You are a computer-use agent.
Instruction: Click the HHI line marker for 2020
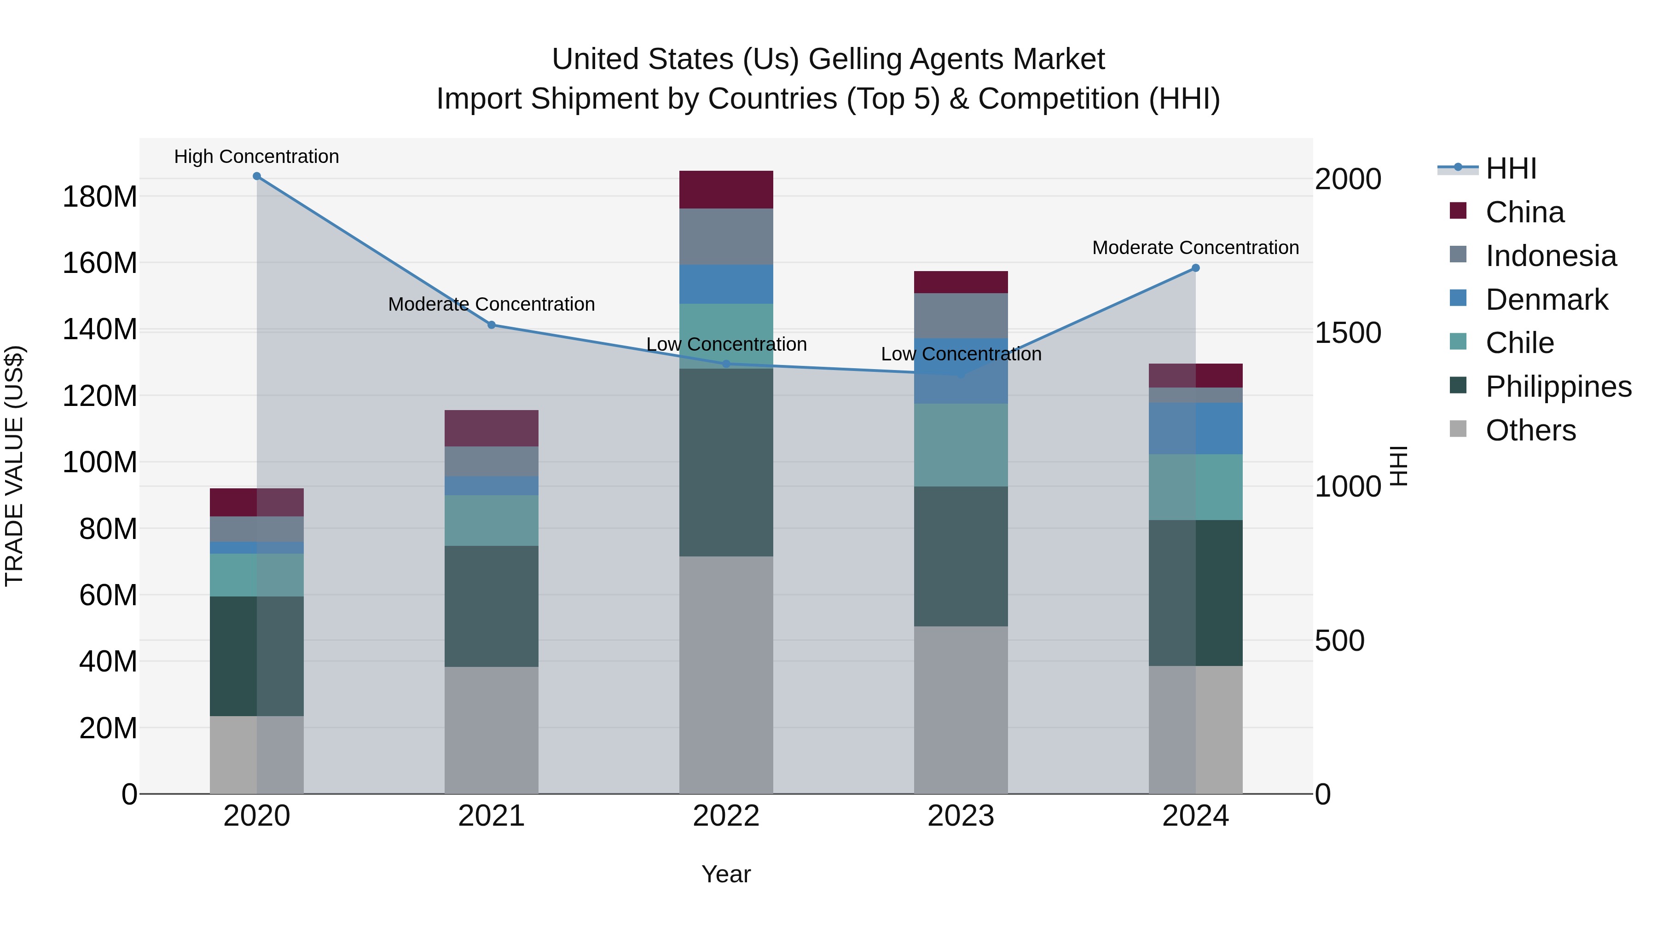(x=257, y=176)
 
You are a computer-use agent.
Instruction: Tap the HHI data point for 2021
(x=492, y=325)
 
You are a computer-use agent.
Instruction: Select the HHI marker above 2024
(x=1195, y=268)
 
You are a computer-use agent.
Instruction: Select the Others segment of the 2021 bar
(x=492, y=729)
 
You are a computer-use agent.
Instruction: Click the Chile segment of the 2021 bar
(x=492, y=521)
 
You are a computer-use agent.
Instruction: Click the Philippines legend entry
(x=1557, y=387)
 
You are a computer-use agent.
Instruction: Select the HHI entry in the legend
(x=1510, y=168)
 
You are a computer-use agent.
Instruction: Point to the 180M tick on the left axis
(x=100, y=197)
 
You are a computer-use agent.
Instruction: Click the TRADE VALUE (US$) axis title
(x=14, y=466)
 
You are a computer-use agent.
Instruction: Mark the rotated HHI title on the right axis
(x=1400, y=466)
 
